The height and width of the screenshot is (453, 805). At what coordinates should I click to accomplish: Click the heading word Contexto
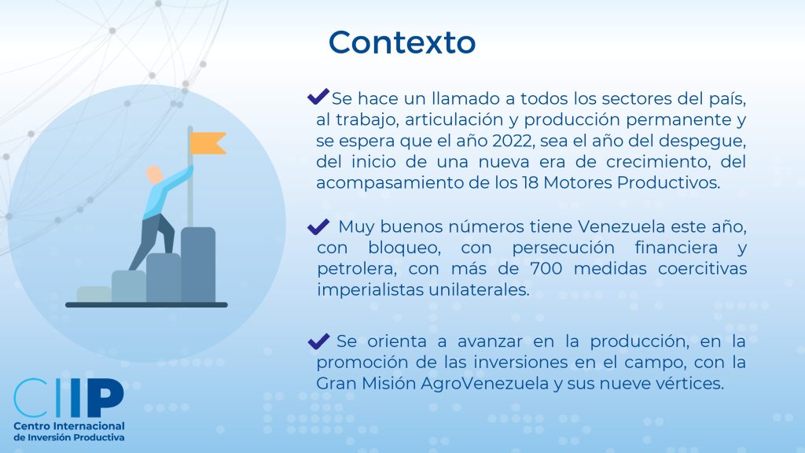click(x=402, y=42)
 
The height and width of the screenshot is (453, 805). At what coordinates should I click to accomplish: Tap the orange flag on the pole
click(x=208, y=143)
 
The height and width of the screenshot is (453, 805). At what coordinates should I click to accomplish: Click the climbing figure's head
click(x=154, y=175)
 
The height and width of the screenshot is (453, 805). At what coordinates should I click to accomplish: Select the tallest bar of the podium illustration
click(x=197, y=264)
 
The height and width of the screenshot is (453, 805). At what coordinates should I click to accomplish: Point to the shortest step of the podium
click(x=94, y=294)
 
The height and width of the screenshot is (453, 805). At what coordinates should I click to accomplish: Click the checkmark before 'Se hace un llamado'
click(x=318, y=96)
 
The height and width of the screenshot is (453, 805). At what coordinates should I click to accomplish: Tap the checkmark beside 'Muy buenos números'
click(x=318, y=226)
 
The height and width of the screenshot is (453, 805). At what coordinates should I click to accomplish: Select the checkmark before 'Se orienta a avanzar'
click(x=318, y=341)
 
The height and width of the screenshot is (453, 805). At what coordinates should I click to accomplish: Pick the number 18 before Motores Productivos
click(x=530, y=182)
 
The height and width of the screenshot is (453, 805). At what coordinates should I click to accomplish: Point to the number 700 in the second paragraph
click(x=546, y=269)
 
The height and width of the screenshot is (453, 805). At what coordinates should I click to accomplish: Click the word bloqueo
click(x=404, y=248)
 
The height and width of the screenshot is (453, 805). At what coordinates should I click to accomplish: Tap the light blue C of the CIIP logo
click(x=31, y=397)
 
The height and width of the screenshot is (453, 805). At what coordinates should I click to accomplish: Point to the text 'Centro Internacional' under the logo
click(x=69, y=426)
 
